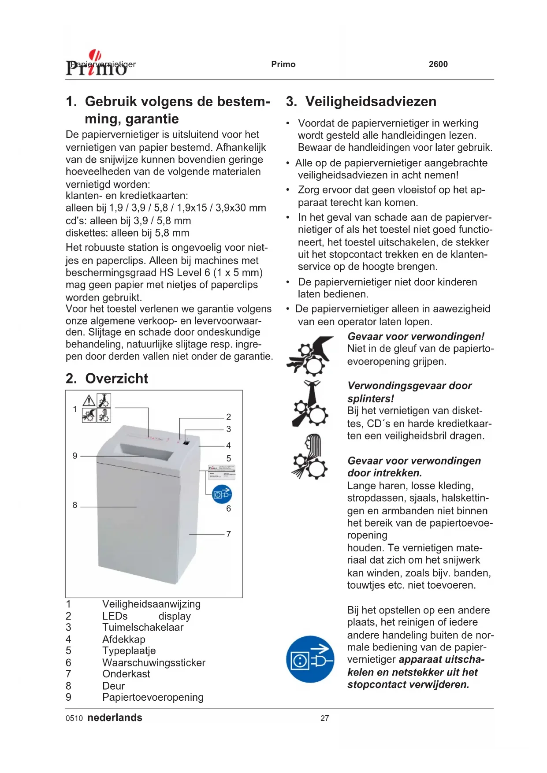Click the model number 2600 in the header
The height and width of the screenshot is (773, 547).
(438, 64)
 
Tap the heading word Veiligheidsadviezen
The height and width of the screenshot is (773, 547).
(371, 102)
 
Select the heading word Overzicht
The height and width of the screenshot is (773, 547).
(116, 379)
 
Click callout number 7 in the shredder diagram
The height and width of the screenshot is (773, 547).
(228, 534)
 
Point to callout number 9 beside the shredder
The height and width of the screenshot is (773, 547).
(75, 456)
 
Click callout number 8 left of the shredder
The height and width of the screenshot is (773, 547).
(75, 505)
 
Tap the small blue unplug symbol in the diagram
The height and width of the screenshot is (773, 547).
(222, 494)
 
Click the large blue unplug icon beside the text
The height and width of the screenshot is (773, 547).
(310, 659)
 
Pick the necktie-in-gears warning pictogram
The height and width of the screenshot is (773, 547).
(310, 404)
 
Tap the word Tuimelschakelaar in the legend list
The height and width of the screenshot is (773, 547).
(143, 628)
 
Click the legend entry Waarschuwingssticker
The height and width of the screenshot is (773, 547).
(153, 663)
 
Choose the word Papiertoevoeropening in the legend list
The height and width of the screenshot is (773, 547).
(153, 698)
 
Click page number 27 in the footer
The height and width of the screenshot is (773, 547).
(324, 718)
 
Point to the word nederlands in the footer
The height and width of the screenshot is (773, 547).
(115, 718)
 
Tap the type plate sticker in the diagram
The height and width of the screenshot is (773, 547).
(222, 472)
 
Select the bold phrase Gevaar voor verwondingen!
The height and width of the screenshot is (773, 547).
(416, 337)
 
